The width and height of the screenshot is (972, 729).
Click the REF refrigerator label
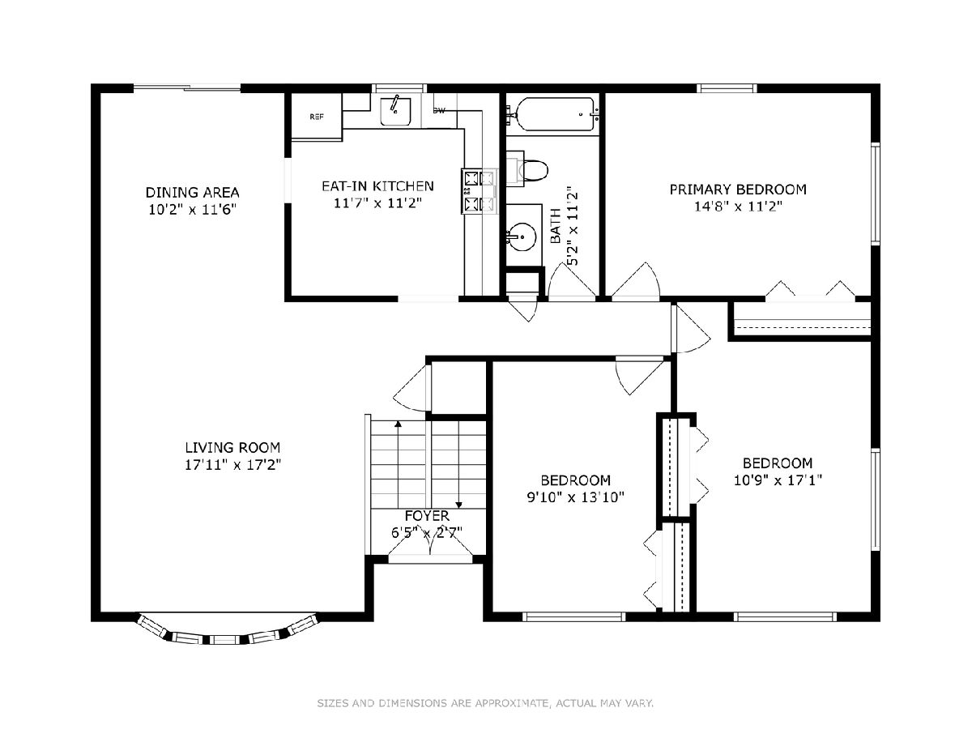click(x=316, y=117)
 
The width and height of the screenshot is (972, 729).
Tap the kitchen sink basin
click(x=395, y=112)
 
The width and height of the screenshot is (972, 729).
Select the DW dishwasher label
click(x=439, y=111)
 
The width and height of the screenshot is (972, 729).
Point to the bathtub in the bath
click(x=556, y=115)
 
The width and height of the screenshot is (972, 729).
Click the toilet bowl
click(x=534, y=170)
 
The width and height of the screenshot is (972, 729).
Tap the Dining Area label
click(x=193, y=193)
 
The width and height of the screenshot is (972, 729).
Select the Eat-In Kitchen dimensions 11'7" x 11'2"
click(x=377, y=203)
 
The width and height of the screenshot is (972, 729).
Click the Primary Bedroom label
click(x=738, y=190)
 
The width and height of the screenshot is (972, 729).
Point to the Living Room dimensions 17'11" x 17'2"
click(x=233, y=465)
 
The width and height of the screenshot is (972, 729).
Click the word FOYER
click(x=427, y=516)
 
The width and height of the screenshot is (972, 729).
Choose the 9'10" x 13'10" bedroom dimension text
click(x=575, y=497)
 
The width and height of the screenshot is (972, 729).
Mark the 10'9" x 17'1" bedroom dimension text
click(x=778, y=480)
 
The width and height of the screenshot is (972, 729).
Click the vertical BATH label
click(x=556, y=226)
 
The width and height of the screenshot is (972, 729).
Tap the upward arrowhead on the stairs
click(x=398, y=424)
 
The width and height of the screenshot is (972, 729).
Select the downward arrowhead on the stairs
click(x=458, y=505)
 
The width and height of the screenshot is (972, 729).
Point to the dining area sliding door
click(x=187, y=87)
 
